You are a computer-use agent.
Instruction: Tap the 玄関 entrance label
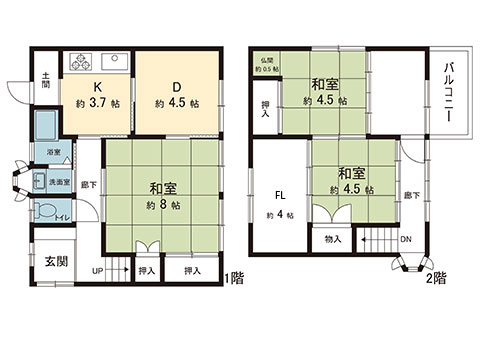(x=55, y=261)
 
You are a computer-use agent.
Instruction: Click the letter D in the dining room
(x=175, y=85)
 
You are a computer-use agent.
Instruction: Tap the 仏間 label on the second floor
(x=266, y=62)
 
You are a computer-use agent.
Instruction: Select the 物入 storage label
(x=333, y=239)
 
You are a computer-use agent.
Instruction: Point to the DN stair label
(x=405, y=240)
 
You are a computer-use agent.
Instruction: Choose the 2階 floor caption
(x=436, y=277)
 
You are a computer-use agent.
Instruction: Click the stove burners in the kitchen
(x=80, y=56)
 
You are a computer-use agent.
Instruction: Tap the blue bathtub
(x=47, y=127)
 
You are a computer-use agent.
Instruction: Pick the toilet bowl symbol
(x=45, y=210)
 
